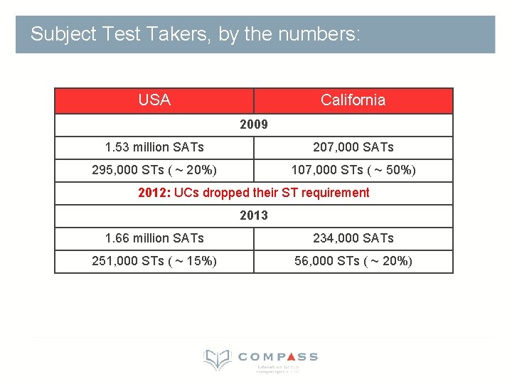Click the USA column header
pos(154,100)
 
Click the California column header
pos(353,100)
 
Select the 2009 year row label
pos(254,124)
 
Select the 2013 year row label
pos(254,215)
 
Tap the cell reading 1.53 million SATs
pos(154,147)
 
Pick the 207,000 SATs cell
pos(353,147)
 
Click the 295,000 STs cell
pos(154,170)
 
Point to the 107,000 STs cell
pos(353,170)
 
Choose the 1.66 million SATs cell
pos(154,238)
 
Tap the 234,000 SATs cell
pos(353,238)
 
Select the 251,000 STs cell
pos(154,261)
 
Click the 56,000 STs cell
pos(353,261)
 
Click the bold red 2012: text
pos(154,193)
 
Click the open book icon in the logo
pos(217,359)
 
